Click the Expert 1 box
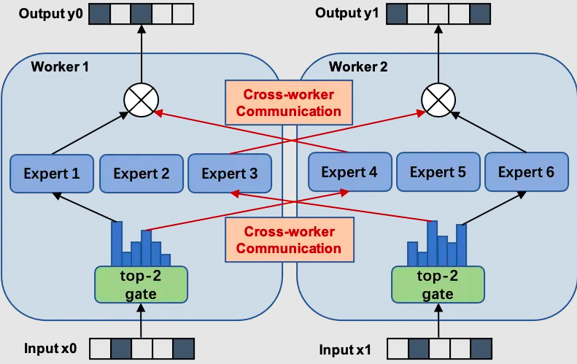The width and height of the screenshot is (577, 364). (x=52, y=174)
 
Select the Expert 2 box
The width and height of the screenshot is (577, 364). (x=142, y=174)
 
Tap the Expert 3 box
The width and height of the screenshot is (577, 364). (x=229, y=174)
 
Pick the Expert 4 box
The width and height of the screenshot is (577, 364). (x=348, y=172)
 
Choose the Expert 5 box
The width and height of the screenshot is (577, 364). (x=437, y=172)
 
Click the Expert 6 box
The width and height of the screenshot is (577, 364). (x=526, y=172)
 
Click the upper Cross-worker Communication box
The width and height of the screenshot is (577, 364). (x=288, y=103)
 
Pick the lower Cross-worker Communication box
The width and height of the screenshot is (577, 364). (x=288, y=240)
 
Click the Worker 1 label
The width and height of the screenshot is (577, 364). (x=60, y=67)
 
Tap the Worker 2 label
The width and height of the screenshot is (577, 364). (x=358, y=67)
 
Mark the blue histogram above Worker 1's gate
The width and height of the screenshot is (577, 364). (x=141, y=246)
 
